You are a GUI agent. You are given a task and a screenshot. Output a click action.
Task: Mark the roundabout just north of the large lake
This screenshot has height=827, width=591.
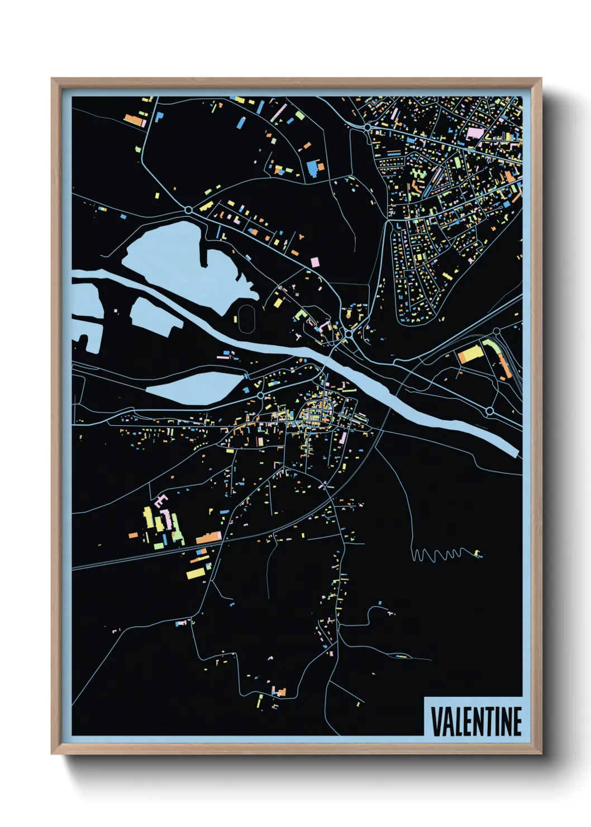click(x=189, y=210)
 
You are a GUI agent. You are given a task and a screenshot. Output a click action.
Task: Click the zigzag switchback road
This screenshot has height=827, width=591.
click(x=441, y=554)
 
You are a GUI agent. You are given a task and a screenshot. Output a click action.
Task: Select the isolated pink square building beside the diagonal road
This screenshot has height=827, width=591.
click(x=314, y=262)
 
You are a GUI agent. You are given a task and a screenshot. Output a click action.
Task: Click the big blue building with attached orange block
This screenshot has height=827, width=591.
click(x=314, y=167)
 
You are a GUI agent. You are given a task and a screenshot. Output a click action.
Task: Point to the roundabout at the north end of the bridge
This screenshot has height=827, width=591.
click(x=349, y=334)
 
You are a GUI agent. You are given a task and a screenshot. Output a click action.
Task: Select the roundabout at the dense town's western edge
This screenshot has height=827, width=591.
click(x=367, y=127)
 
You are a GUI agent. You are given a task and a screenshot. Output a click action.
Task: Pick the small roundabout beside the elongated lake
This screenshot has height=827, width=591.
click(x=260, y=396)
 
